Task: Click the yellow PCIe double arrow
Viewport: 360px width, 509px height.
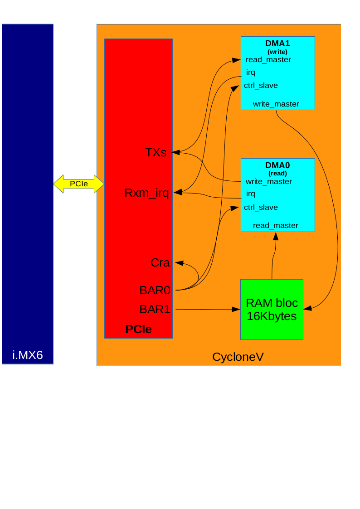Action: (x=79, y=184)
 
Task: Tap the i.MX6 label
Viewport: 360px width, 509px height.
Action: (x=28, y=355)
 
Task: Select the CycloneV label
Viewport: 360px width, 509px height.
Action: (x=238, y=357)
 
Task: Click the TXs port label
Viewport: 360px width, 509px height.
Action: (x=156, y=153)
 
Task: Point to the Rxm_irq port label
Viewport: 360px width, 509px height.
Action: (x=146, y=193)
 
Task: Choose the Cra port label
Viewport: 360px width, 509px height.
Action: (x=160, y=262)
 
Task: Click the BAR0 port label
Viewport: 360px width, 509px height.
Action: (x=155, y=290)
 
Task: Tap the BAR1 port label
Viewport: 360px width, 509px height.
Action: (x=155, y=310)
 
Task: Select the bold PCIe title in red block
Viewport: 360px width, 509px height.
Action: (x=138, y=330)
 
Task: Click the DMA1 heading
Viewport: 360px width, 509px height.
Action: (x=277, y=44)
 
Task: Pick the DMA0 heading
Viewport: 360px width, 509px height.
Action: (x=277, y=165)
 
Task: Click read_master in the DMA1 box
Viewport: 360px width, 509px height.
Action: (x=268, y=59)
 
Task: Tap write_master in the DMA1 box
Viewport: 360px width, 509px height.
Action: (x=276, y=104)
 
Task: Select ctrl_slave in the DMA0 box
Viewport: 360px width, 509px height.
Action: (x=261, y=207)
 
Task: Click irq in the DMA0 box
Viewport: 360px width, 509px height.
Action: (x=251, y=194)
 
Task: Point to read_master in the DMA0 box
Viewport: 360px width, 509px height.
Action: (x=276, y=225)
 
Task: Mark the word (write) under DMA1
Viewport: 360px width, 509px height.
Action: (x=277, y=52)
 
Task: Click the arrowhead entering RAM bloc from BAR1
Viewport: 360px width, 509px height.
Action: (x=236, y=310)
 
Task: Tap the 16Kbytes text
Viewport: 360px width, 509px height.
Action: (x=272, y=316)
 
